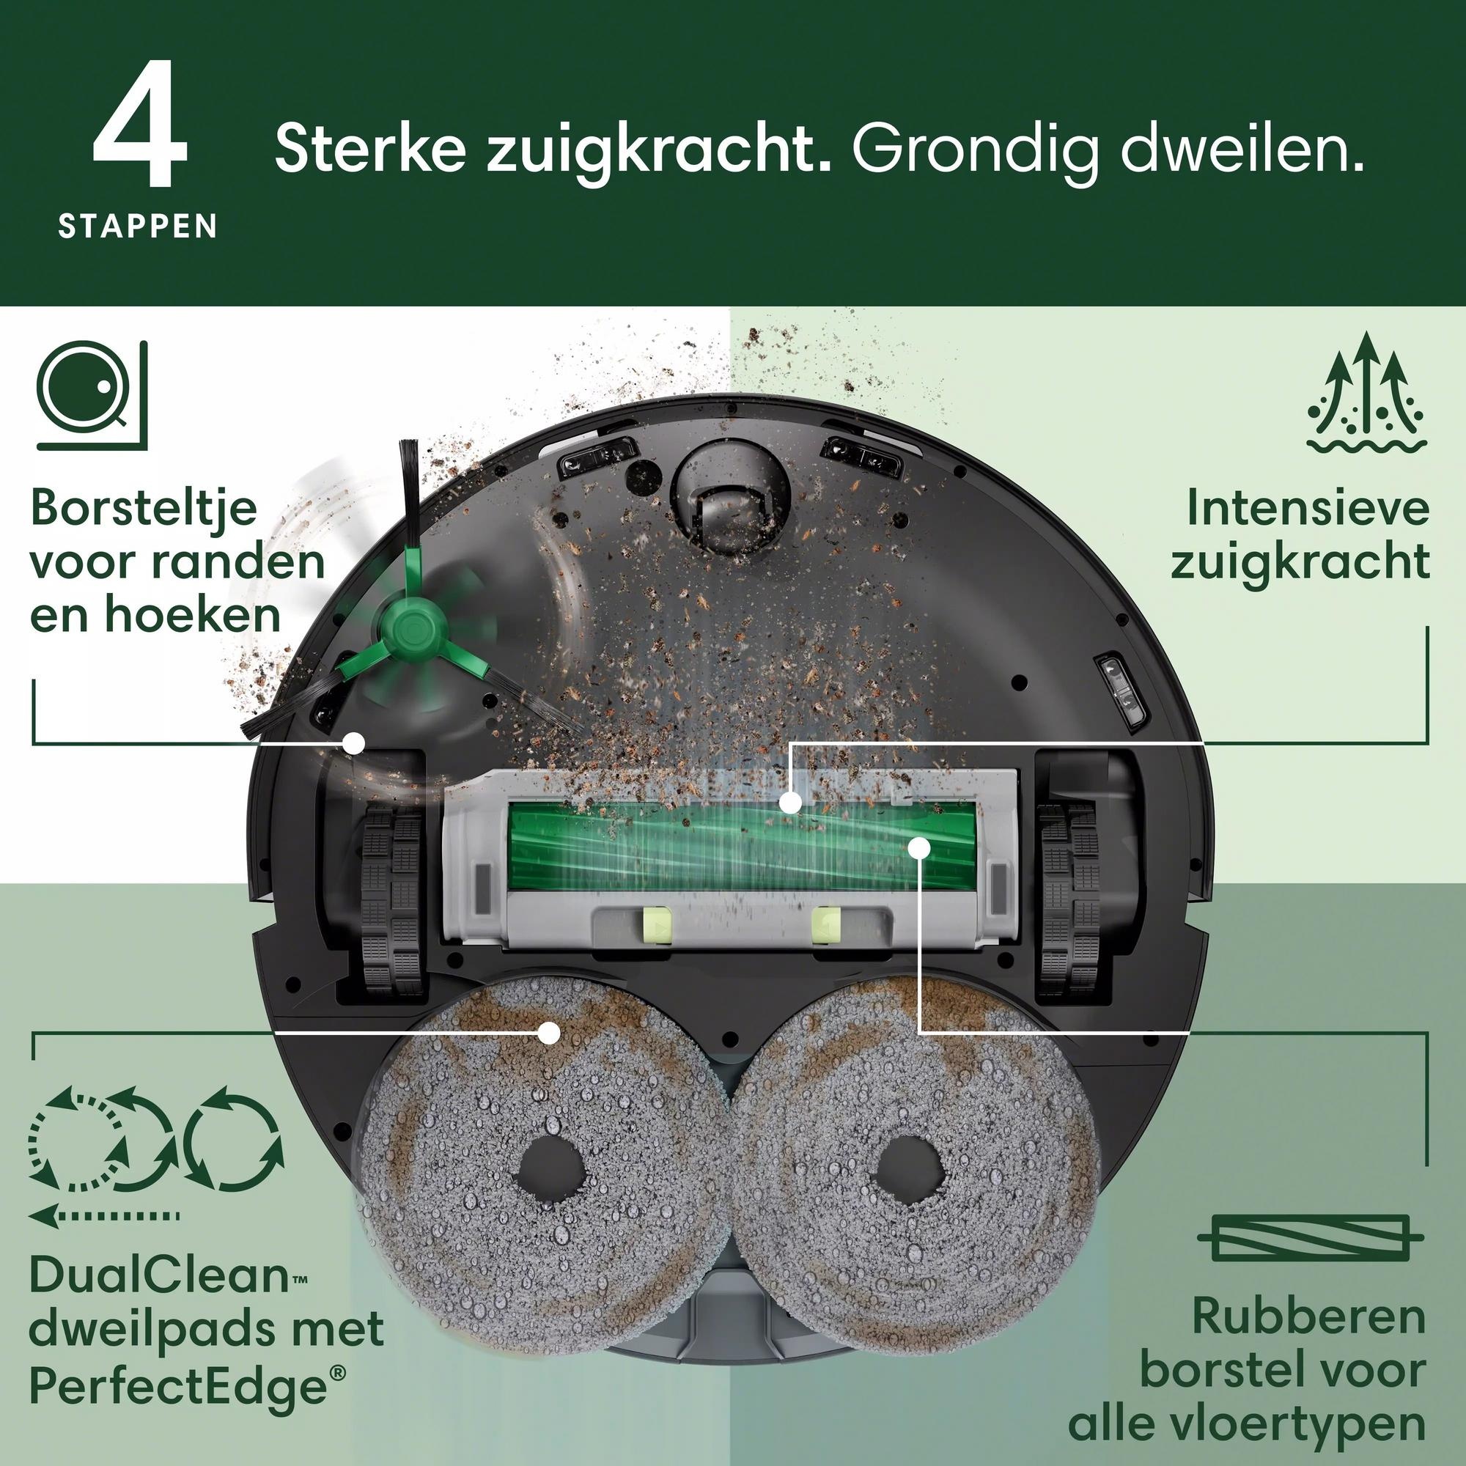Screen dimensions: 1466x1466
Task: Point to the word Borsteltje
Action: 144,509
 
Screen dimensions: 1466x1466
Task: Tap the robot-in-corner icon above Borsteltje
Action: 92,394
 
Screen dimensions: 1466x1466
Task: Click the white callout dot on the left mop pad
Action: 548,1033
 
